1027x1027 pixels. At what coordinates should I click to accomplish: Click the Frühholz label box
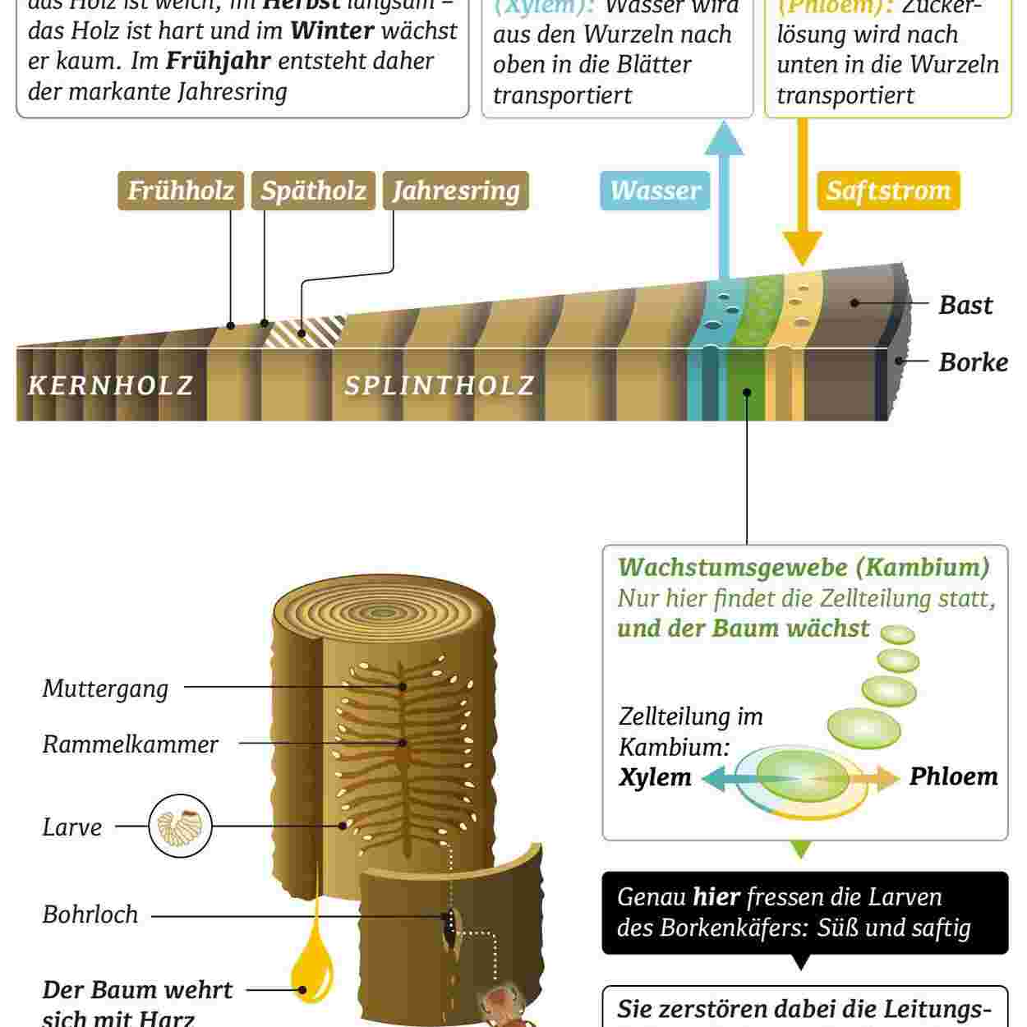pos(181,191)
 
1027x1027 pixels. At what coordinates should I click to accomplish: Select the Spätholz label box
pos(313,191)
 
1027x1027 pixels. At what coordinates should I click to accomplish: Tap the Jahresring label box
pos(456,191)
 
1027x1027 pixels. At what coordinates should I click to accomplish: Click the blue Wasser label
pos(655,191)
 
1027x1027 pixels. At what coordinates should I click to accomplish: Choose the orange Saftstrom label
pos(888,191)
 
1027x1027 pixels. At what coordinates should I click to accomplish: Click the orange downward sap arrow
pos(802,230)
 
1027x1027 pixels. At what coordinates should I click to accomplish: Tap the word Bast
pos(965,305)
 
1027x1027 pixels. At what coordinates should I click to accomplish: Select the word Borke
pos(973,362)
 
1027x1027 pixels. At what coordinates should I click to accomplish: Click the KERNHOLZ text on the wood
pos(111,385)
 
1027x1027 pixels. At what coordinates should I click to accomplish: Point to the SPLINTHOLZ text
pos(440,385)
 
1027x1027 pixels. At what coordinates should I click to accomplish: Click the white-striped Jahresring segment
pos(306,331)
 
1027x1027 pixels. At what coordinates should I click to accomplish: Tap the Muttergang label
pos(105,689)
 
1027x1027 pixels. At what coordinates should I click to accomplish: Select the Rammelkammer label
pos(130,744)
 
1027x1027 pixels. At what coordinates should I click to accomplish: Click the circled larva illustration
pos(181,827)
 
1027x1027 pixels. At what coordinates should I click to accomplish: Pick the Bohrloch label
pos(90,914)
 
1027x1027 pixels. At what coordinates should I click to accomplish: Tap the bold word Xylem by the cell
pos(655,777)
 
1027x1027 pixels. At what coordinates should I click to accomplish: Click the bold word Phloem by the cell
pos(953,776)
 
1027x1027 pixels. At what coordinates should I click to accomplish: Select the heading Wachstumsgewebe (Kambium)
pos(803,568)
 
